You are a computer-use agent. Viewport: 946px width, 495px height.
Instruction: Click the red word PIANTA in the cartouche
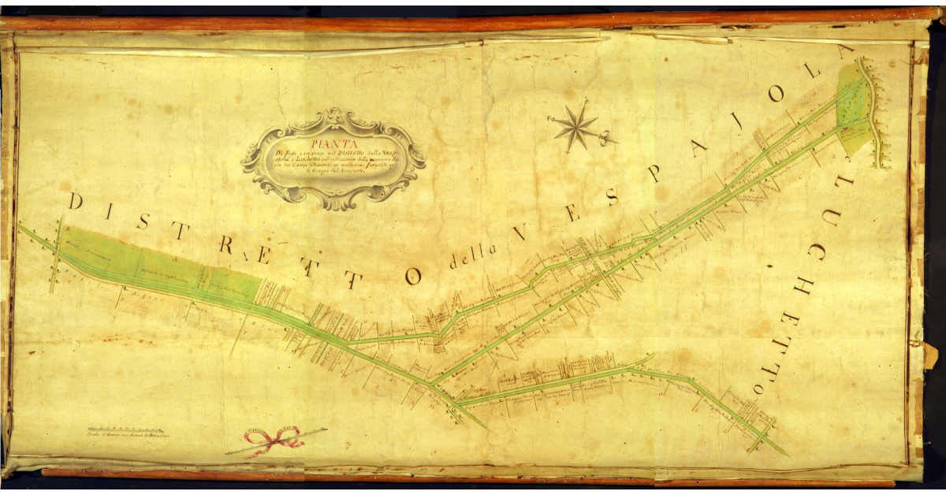click(x=334, y=143)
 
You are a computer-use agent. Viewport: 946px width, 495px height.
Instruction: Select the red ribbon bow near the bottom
click(x=273, y=438)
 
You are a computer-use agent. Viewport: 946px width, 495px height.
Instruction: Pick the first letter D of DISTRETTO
click(x=76, y=201)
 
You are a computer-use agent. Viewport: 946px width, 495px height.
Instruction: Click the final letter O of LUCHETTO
click(x=758, y=389)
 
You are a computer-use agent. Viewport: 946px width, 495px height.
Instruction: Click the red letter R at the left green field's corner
click(x=69, y=231)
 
